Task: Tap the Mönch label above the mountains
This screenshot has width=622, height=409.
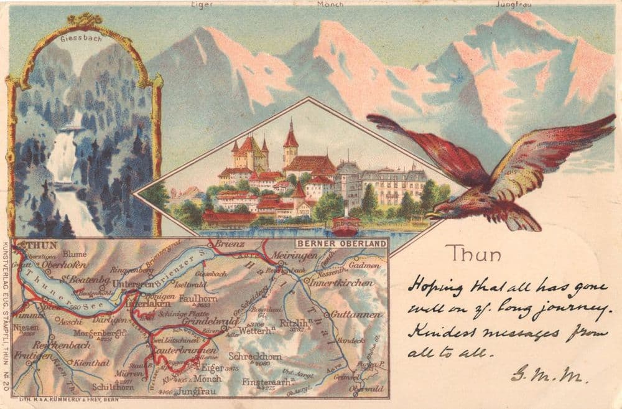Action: pyautogui.click(x=330, y=4)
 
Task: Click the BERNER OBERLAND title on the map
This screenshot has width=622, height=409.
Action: pyautogui.click(x=341, y=243)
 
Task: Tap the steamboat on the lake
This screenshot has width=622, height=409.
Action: pyautogui.click(x=345, y=225)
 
